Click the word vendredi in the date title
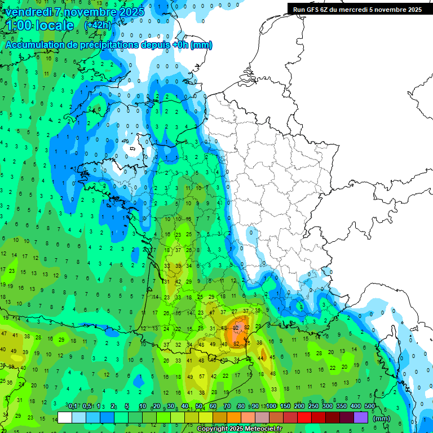(x=28, y=11)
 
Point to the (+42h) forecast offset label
(x=98, y=25)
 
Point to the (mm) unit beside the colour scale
(x=382, y=418)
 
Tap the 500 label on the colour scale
(x=369, y=406)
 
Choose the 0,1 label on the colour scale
(x=73, y=406)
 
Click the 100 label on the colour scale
(x=271, y=406)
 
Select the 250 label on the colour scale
(x=313, y=406)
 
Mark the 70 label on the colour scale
(x=227, y=406)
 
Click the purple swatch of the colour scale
(x=361, y=417)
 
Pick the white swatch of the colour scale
(x=65, y=417)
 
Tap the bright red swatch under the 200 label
(x=304, y=417)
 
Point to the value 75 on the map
(x=248, y=343)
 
